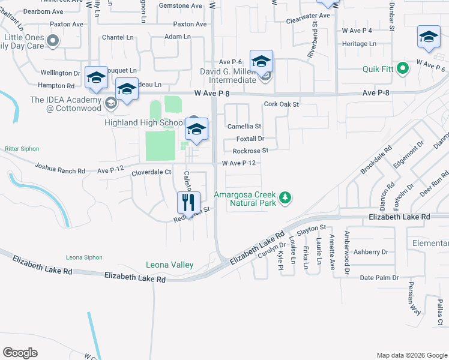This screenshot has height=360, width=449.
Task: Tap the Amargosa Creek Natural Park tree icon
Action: pyautogui.click(x=286, y=197)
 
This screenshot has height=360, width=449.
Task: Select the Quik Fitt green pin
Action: pyautogui.click(x=403, y=68)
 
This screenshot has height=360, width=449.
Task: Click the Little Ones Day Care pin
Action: pyautogui.click(x=53, y=41)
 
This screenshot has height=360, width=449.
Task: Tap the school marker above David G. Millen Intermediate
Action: pyautogui.click(x=261, y=62)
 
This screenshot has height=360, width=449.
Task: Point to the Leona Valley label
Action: pyautogui.click(x=170, y=265)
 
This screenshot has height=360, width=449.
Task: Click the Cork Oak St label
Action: pyautogui.click(x=282, y=104)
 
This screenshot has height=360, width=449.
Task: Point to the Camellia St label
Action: pyautogui.click(x=244, y=127)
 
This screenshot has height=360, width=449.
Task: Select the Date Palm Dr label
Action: pyautogui.click(x=379, y=278)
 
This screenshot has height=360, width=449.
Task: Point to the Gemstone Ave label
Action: pyautogui.click(x=181, y=5)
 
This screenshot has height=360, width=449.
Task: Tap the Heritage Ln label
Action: pyautogui.click(x=359, y=44)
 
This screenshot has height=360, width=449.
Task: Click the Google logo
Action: pyautogui.click(x=20, y=353)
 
